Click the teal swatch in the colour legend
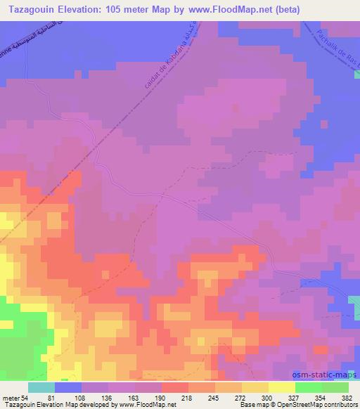[x=41, y=388]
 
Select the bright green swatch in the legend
[x=309, y=388]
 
